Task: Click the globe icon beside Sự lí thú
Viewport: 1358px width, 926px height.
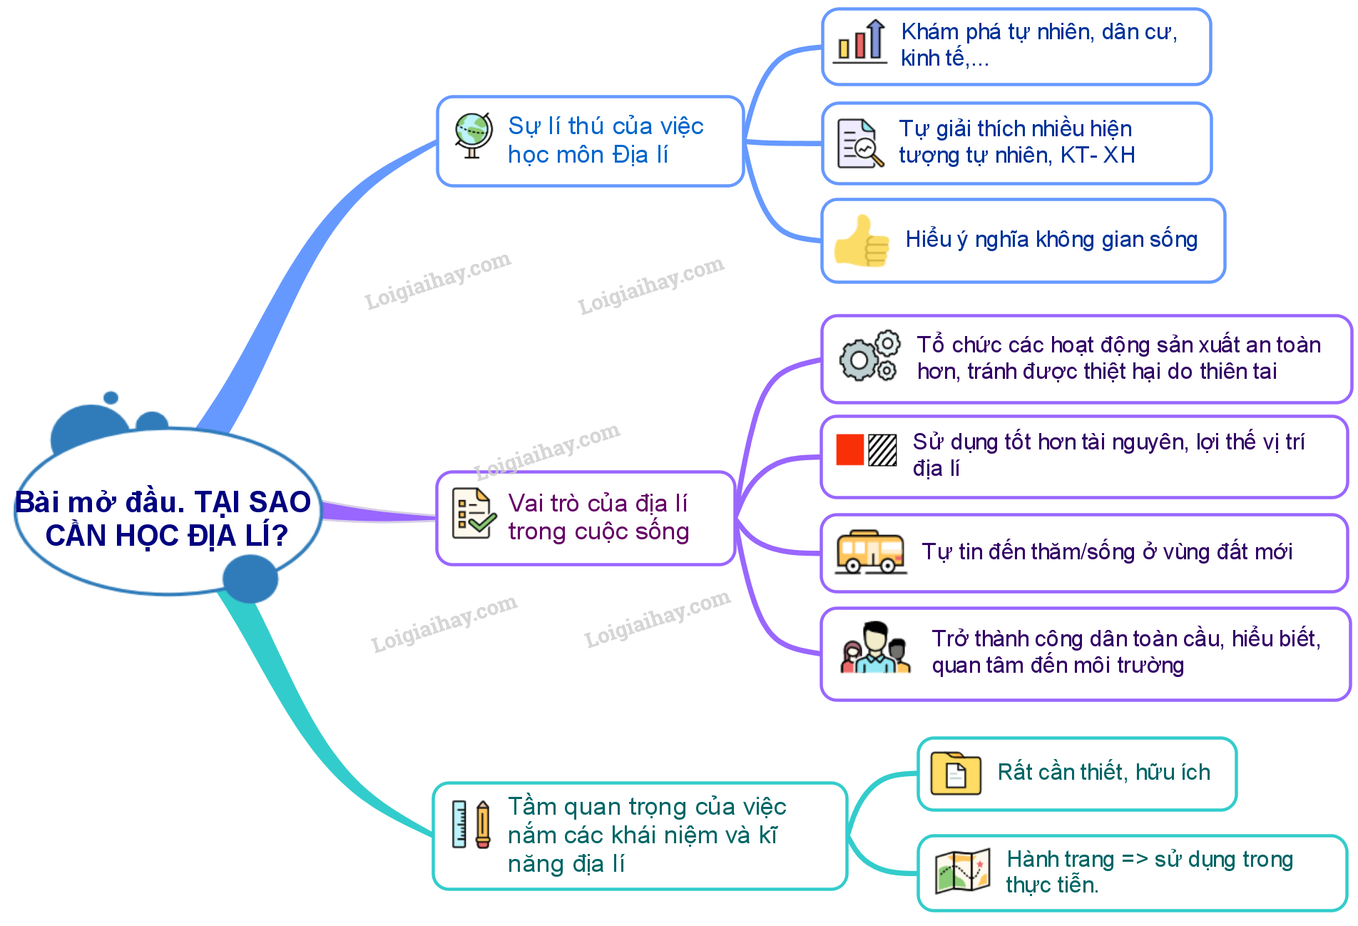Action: [x=474, y=136]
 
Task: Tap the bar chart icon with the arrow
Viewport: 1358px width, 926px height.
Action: [x=860, y=42]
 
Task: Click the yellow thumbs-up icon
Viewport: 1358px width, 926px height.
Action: [x=862, y=240]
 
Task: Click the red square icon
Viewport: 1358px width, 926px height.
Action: [x=850, y=449]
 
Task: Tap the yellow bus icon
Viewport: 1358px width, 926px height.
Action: [x=871, y=552]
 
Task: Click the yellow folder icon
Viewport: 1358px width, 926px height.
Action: [x=956, y=773]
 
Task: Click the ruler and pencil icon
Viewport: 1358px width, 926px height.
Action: [x=471, y=824]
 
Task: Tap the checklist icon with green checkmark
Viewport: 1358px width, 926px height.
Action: [x=474, y=514]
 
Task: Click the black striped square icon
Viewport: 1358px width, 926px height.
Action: [x=882, y=449]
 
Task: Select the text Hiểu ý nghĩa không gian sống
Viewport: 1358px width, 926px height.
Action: [x=1051, y=240]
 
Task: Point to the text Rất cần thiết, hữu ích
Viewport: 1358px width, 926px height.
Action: [x=1104, y=772]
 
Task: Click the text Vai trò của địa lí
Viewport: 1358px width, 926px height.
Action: [x=598, y=503]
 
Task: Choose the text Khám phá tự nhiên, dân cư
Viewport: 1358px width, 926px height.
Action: [x=1039, y=32]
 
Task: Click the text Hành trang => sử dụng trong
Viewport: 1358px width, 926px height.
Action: [x=1150, y=860]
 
